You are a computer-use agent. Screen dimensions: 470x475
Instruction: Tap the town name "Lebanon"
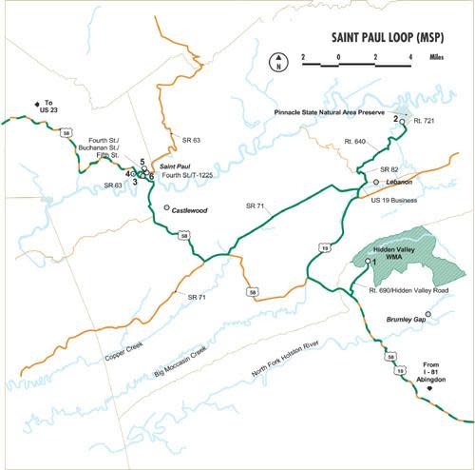pyautogui.click(x=400, y=181)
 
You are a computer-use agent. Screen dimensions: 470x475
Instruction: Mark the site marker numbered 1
pyautogui.click(x=368, y=260)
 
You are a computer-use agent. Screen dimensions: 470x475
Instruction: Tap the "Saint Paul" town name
pyautogui.click(x=177, y=166)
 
